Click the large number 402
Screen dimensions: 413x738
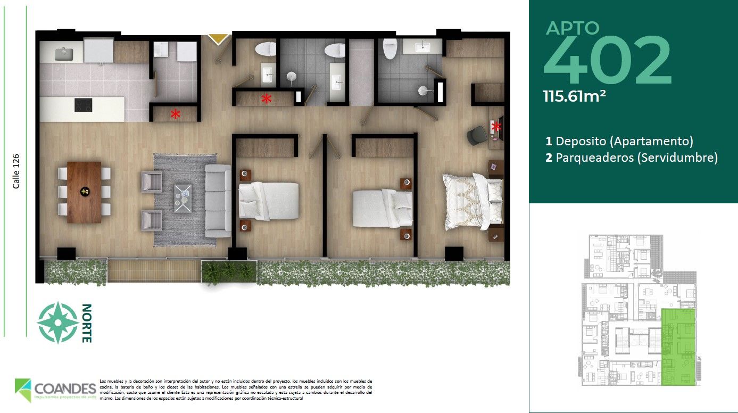[x=607, y=60]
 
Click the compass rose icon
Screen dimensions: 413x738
[x=55, y=322]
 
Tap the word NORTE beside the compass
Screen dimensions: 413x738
[x=87, y=323]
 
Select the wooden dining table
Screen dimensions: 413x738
[x=84, y=192]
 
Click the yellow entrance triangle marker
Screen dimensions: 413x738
[x=218, y=38]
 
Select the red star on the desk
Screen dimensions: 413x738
[x=497, y=127]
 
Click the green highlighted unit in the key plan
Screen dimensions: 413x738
[x=678, y=346]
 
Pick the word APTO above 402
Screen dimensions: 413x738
[x=573, y=28]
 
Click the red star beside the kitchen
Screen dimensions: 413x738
[x=175, y=113]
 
